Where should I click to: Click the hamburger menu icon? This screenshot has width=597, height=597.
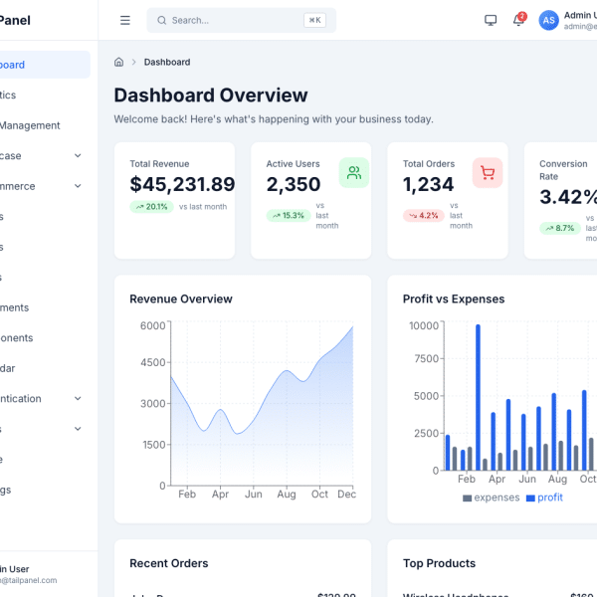point(124,20)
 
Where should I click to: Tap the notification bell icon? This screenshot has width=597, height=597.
point(517,20)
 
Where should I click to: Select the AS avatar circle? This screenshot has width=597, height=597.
point(548,20)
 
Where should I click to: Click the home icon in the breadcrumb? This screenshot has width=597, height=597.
point(119,62)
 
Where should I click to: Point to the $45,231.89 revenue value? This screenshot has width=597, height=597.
point(182,184)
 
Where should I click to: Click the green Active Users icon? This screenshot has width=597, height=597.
point(353,172)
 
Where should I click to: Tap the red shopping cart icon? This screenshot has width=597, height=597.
point(488,172)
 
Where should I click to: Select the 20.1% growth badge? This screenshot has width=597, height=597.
point(151,207)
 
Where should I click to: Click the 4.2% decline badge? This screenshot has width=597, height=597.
point(423,215)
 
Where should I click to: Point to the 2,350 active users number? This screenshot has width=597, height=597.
point(294,184)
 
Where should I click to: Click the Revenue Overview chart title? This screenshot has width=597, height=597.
point(181,298)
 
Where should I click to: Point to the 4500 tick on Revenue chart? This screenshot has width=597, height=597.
point(152,363)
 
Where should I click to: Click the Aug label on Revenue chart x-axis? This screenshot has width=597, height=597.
point(287,494)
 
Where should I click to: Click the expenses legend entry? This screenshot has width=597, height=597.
point(491,497)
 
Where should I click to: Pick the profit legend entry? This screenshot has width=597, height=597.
point(544,497)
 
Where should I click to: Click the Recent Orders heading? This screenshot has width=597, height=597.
point(169,563)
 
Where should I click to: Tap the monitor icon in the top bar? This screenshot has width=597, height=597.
point(491,20)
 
